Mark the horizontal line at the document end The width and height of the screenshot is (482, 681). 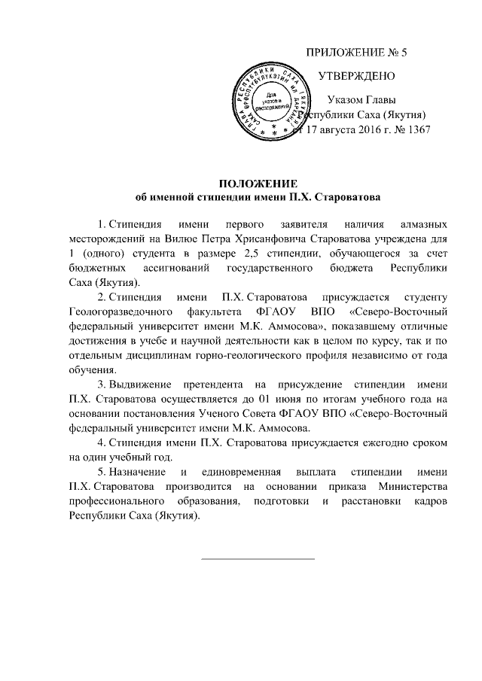258,558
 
